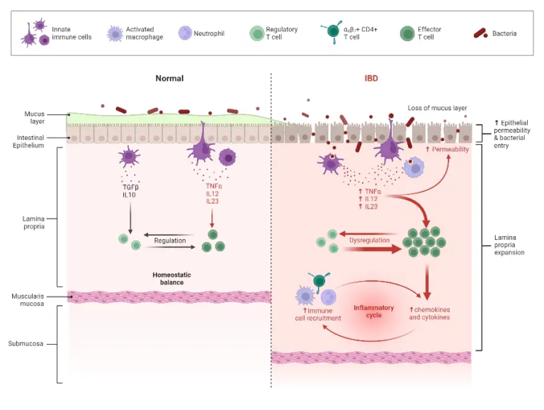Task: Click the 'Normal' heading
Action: coord(169,78)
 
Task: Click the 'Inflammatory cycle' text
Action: coord(373,312)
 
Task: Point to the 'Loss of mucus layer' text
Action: coord(438,108)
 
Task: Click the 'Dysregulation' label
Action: coord(370,240)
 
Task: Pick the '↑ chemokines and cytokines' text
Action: coord(429,314)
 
